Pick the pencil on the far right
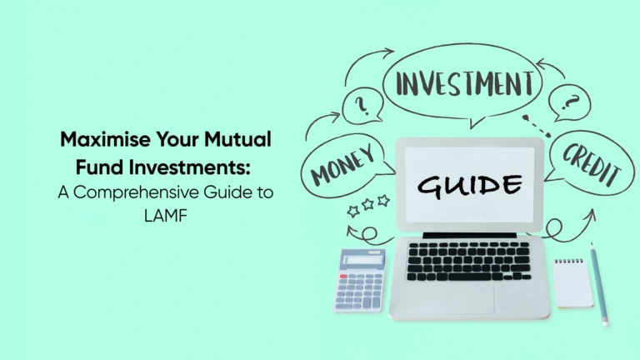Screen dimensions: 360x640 tap(599, 282)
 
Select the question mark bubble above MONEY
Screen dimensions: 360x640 tap(362, 107)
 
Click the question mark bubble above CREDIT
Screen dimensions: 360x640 tap(569, 104)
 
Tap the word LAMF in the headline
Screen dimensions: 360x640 tap(166, 214)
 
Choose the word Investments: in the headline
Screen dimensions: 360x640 tap(192, 166)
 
